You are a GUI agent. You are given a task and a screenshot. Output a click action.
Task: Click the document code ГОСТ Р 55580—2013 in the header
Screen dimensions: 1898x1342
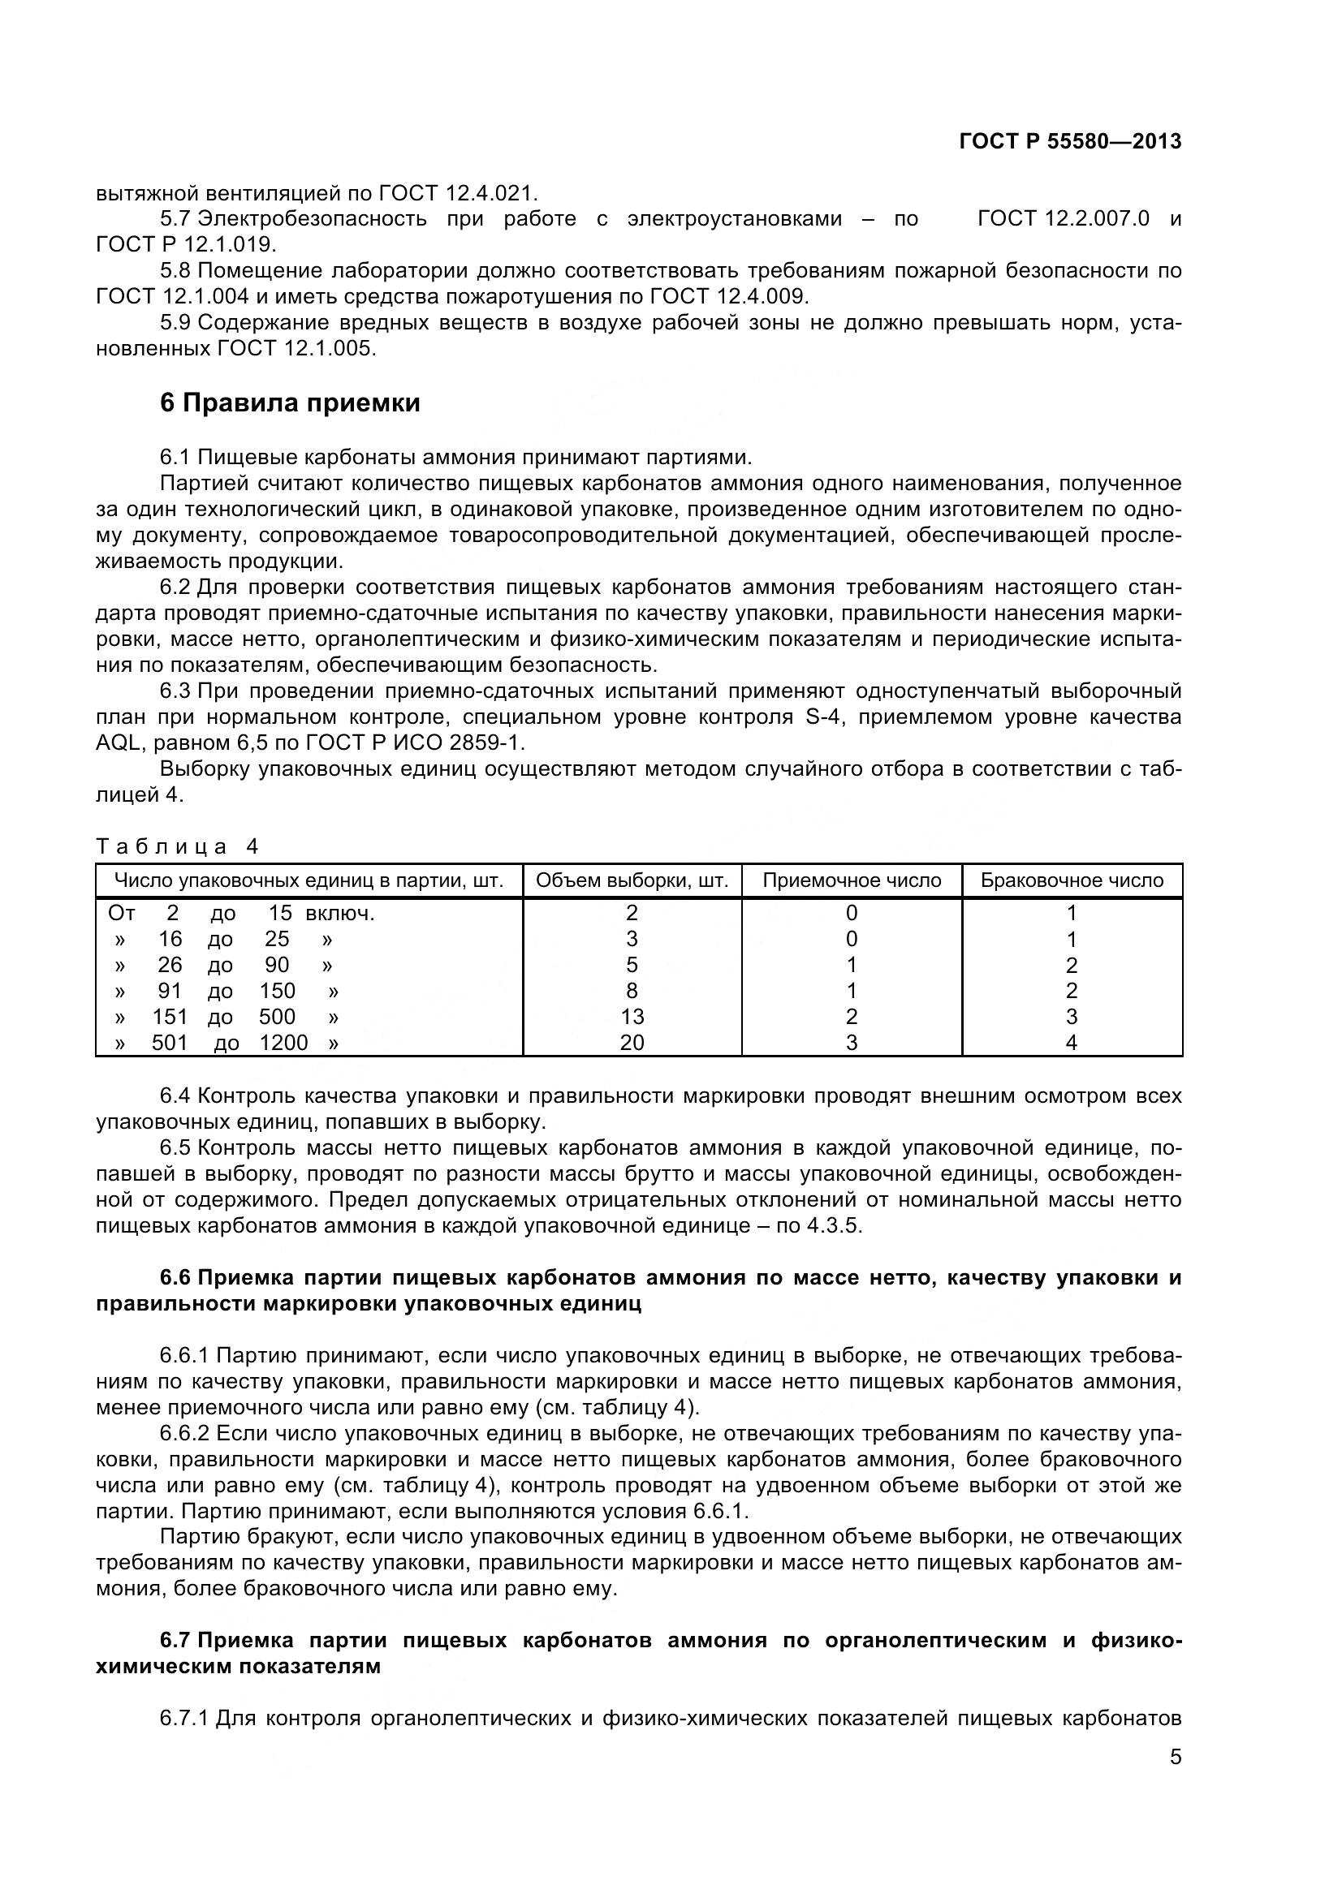[x=1070, y=141]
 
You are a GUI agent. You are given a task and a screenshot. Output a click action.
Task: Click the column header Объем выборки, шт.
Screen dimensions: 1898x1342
[x=632, y=880]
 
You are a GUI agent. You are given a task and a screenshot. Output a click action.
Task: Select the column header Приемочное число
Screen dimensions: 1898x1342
[x=851, y=880]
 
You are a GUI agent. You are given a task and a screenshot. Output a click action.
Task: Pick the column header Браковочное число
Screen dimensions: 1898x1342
[x=1072, y=880]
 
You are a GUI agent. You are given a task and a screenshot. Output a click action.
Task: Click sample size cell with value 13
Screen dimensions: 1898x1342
[x=632, y=1017]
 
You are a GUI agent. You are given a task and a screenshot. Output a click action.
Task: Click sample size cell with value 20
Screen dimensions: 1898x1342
[x=632, y=1043]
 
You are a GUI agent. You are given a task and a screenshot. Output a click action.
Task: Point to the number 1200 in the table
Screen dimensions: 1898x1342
[x=283, y=1043]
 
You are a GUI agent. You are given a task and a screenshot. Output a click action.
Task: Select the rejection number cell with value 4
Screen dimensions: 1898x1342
[x=1072, y=1043]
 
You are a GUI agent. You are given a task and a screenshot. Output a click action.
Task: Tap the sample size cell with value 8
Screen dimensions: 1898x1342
[x=632, y=990]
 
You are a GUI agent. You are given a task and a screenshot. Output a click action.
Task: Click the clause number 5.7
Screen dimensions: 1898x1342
[x=175, y=219]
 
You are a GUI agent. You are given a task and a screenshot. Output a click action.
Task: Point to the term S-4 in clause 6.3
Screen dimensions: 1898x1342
[x=823, y=717]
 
